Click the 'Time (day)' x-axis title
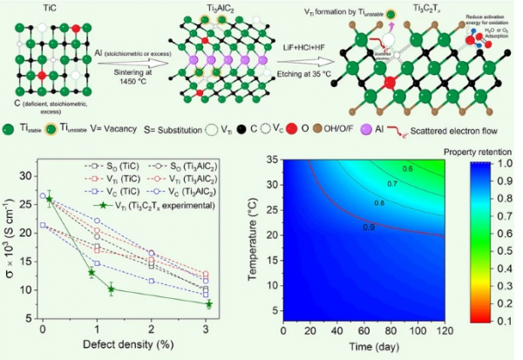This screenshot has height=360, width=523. (366, 348)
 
